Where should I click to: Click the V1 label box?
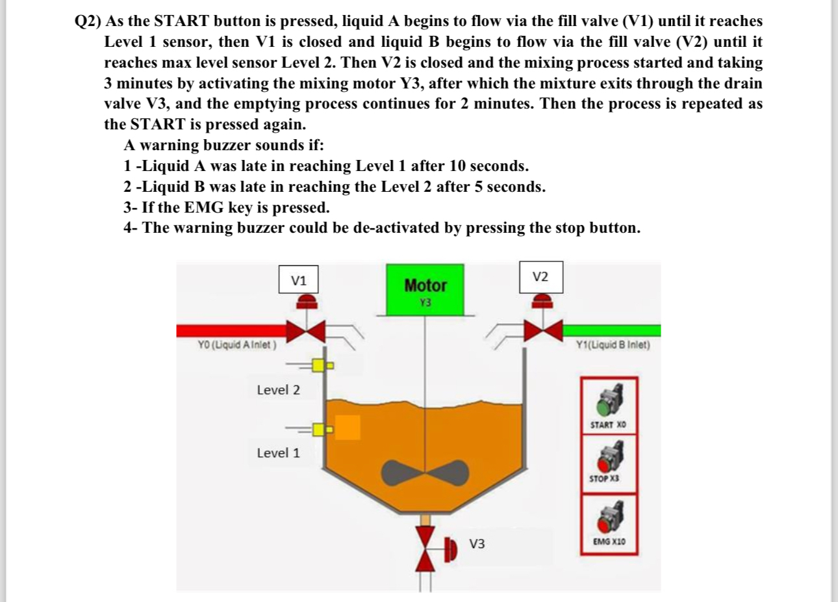click(298, 280)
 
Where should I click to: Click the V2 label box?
click(540, 277)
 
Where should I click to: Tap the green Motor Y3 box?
click(425, 290)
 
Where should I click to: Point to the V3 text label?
click(477, 543)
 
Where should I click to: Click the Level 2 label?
click(278, 390)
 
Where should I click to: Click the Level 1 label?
click(278, 453)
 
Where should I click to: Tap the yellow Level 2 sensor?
click(319, 365)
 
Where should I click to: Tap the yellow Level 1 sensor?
click(319, 429)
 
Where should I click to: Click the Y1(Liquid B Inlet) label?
click(613, 345)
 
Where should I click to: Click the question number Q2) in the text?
click(88, 21)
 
